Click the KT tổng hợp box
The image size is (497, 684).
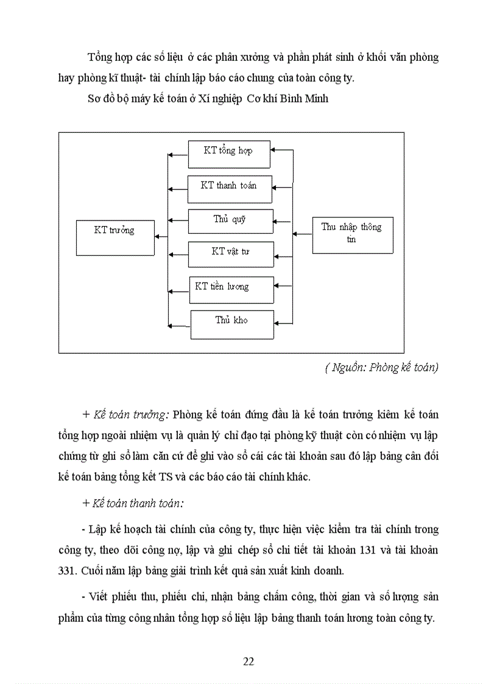(x=228, y=153)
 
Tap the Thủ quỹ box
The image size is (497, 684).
(x=230, y=221)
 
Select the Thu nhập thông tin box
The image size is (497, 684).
(x=352, y=234)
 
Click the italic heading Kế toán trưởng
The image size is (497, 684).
(x=130, y=415)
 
